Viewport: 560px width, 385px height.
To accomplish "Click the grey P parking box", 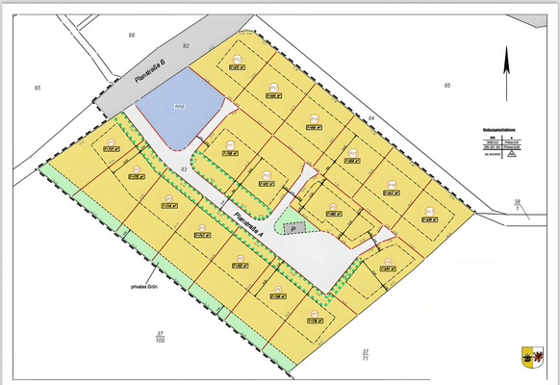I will point(294,229).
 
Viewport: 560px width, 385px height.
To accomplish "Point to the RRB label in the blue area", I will point(178,105).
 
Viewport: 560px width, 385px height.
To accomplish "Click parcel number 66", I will point(132,35).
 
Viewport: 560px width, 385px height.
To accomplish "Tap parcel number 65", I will point(38,89).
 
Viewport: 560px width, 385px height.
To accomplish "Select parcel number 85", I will point(446,87).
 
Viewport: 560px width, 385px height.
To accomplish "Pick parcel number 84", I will point(370,116).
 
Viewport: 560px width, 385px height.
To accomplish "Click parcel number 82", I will point(186,46).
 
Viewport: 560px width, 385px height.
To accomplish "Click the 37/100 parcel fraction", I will point(160,337).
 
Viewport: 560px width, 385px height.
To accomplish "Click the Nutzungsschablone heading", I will point(504,127).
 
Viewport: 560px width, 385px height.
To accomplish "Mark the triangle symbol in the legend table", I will point(512,152).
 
